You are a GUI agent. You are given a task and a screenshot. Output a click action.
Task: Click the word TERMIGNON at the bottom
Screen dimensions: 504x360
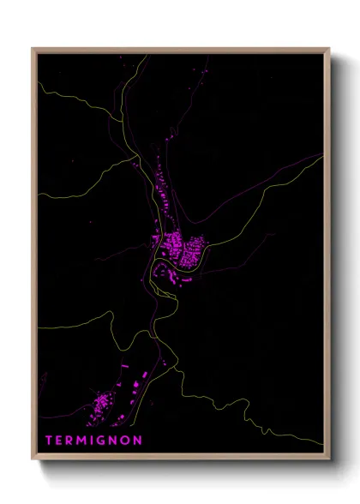[x=93, y=440]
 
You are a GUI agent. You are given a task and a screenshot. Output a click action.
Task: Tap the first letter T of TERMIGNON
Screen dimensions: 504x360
[x=49, y=440]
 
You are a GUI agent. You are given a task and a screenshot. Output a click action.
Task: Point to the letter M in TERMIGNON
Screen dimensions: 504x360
[x=84, y=440]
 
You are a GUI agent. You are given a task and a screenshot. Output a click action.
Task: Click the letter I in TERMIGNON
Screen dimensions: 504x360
[x=95, y=440]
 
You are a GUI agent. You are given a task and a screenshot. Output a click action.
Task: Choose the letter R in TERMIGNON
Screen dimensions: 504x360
[x=71, y=440]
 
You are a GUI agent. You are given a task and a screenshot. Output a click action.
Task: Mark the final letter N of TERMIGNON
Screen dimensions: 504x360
[x=139, y=440]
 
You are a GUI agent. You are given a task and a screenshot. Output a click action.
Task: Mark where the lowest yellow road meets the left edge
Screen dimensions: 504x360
[x=39, y=327]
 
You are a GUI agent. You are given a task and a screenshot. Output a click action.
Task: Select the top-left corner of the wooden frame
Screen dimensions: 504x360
[x=33, y=49]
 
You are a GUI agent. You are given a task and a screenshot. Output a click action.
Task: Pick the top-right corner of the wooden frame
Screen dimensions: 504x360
[x=330, y=49]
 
